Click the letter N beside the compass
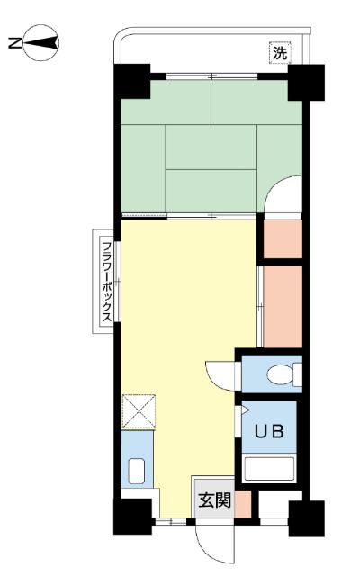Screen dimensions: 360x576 [14, 43]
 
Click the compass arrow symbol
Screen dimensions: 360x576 [41, 43]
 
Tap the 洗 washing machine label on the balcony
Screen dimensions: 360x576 [280, 53]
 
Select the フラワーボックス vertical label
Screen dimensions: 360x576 [106, 282]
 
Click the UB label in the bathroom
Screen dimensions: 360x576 [269, 432]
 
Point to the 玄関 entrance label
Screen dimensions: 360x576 [215, 500]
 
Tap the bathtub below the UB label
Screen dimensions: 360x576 [269, 469]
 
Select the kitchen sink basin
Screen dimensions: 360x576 [137, 472]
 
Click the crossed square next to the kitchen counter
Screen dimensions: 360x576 [139, 411]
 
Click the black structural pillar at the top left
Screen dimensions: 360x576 [132, 81]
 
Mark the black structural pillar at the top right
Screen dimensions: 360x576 [306, 82]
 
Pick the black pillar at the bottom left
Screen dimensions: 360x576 [132, 516]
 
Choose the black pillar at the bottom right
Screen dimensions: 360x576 [306, 518]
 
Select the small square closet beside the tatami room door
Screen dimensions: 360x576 [283, 239]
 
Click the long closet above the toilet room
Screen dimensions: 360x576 [283, 306]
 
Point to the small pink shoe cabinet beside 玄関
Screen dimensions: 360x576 [243, 504]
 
